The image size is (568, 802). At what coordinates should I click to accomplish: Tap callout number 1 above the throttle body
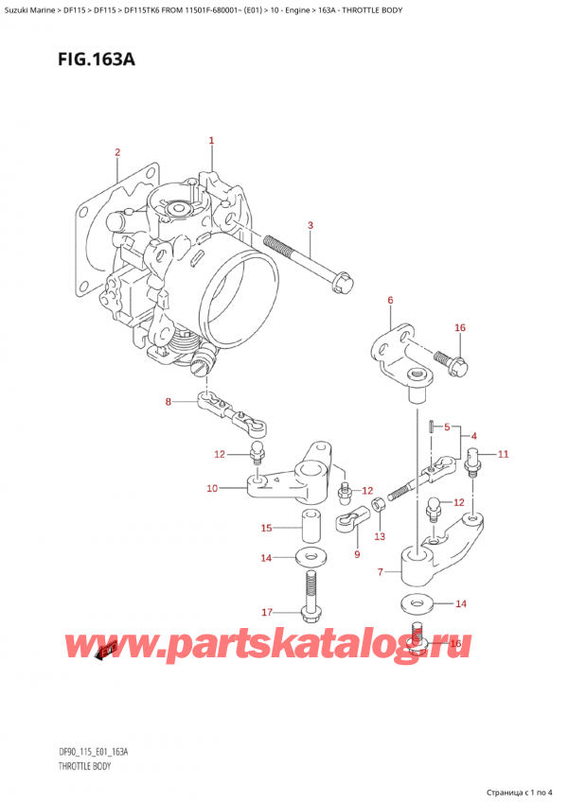click(211, 141)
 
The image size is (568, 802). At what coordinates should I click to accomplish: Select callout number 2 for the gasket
click(117, 152)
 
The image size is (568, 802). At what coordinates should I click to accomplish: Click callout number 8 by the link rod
click(169, 402)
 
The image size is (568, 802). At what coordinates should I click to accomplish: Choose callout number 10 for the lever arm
click(212, 488)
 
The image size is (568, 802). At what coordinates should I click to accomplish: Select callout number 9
click(357, 553)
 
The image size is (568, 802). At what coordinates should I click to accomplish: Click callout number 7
click(380, 572)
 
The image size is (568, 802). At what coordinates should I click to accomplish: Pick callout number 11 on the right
click(503, 454)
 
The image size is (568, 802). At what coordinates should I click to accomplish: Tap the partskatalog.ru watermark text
click(284, 647)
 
